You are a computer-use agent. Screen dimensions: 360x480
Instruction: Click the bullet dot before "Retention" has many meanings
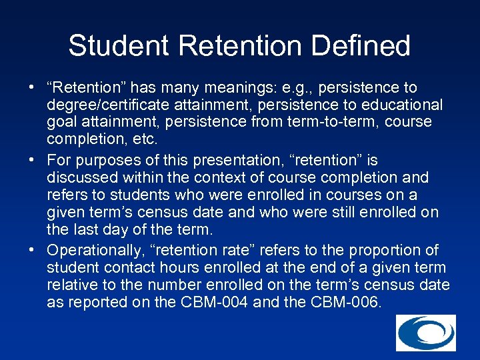point(32,88)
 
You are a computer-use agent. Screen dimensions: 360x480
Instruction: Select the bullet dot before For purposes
point(32,161)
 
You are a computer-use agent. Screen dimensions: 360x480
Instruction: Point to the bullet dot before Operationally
point(32,251)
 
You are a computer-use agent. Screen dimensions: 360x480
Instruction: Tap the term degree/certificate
point(109,105)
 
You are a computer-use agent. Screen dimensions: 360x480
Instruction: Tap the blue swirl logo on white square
point(426,333)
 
